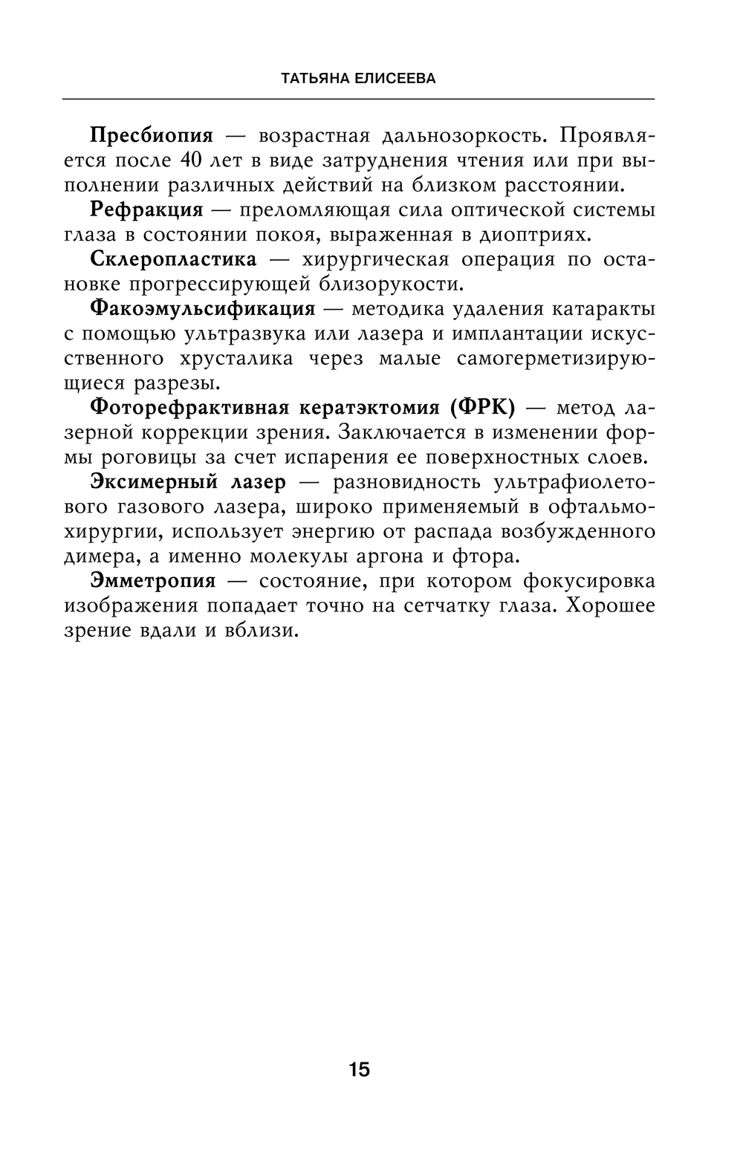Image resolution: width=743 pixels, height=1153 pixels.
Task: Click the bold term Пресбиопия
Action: [151, 136]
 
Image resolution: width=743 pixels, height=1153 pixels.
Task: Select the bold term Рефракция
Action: [146, 210]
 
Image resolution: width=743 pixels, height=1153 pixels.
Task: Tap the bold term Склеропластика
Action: [173, 259]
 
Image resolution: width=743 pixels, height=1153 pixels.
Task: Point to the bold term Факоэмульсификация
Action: [202, 308]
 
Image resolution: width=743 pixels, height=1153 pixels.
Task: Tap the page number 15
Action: [358, 1070]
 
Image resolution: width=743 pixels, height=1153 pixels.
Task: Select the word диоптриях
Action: [533, 235]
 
